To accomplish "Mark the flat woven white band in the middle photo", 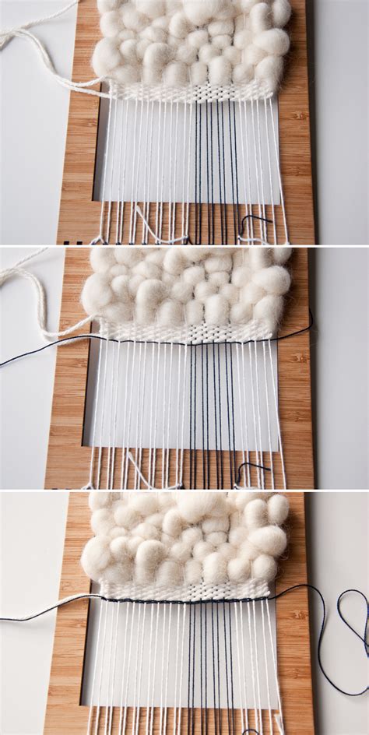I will (187, 332).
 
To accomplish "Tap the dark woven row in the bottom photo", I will (187, 600).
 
